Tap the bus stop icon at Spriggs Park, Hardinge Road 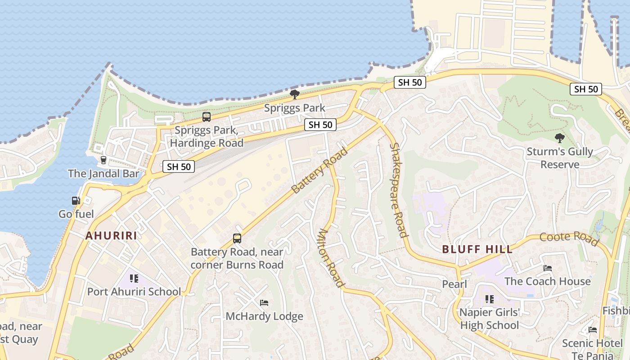(x=207, y=117)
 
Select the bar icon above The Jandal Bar (x=103, y=160)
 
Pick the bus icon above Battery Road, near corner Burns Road (x=237, y=238)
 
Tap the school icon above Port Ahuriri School (x=134, y=279)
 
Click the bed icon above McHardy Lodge (x=264, y=303)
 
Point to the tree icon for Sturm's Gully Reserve (x=560, y=138)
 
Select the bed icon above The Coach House (x=547, y=268)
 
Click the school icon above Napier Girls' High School (x=490, y=299)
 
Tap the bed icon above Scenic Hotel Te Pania (x=592, y=330)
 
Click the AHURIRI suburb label (x=111, y=235)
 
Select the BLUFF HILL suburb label (x=477, y=249)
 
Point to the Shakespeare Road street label (x=398, y=190)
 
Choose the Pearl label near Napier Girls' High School (x=454, y=284)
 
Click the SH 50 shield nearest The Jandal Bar (x=179, y=166)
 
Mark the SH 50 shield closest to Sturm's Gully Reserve (x=586, y=89)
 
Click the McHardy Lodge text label (x=264, y=316)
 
